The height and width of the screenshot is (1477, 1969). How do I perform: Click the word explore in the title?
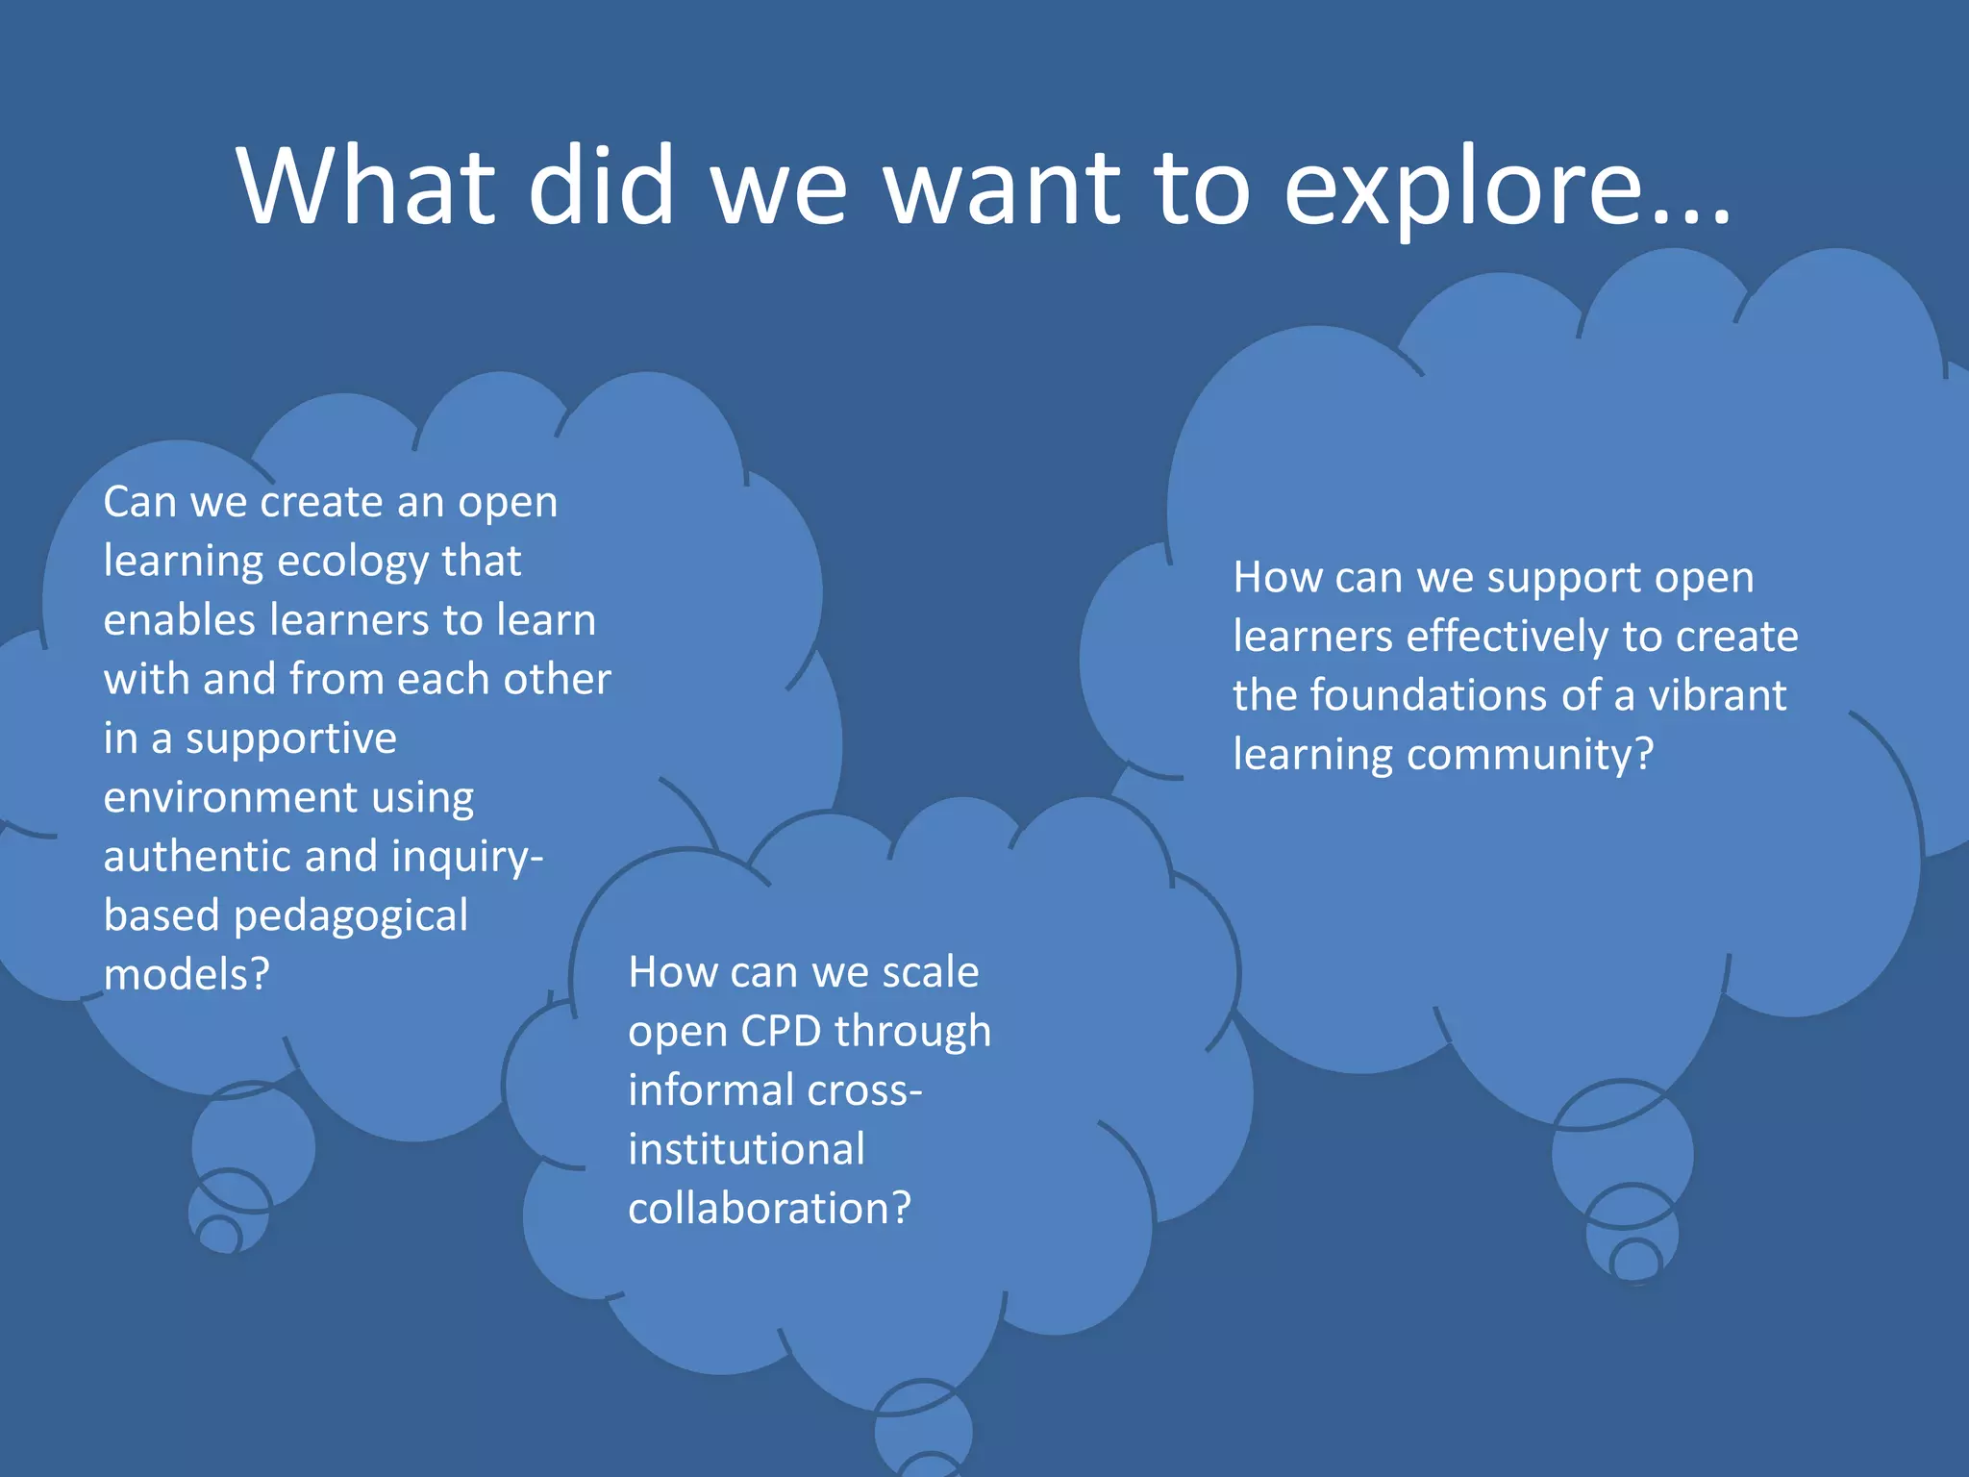(x=1506, y=188)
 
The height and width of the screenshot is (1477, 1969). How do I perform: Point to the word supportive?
(x=290, y=738)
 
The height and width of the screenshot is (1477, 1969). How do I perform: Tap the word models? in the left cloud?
(x=187, y=975)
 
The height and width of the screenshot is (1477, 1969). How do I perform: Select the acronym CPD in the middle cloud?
(x=781, y=1032)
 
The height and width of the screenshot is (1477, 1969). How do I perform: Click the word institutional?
(x=746, y=1150)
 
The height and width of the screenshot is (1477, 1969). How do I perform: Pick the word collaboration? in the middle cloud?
(x=769, y=1209)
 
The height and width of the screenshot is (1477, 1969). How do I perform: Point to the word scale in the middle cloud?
(x=930, y=972)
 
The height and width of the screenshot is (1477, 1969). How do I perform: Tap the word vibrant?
(x=1717, y=696)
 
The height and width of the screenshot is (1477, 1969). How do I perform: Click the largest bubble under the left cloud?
(x=253, y=1144)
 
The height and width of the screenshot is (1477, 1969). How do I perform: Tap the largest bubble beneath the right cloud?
(x=1622, y=1154)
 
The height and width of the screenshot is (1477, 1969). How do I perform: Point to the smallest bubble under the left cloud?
(x=219, y=1235)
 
